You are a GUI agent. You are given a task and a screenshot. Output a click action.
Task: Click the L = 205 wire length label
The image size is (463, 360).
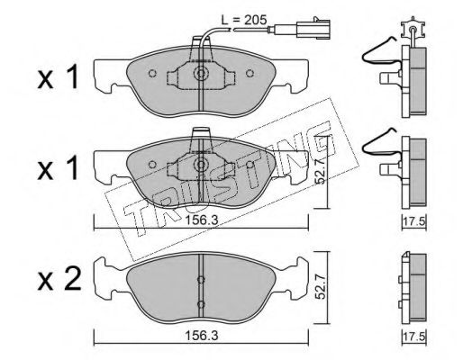pos(244,20)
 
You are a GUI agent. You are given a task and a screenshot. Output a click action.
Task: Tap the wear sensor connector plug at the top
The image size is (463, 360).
pos(313,29)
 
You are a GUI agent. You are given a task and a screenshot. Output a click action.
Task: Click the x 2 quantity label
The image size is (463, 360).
pos(59,279)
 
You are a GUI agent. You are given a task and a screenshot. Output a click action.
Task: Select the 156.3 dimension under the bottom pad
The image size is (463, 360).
pos(201,336)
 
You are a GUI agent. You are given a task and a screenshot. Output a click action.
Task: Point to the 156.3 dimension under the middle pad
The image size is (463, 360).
pos(201,220)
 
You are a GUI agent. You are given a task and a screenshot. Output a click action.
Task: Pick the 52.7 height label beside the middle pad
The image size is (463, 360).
pos(321,171)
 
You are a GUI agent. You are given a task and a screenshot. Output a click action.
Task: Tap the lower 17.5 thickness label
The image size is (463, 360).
pos(414,337)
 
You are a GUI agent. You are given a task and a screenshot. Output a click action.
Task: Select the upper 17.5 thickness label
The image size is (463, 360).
pos(414,222)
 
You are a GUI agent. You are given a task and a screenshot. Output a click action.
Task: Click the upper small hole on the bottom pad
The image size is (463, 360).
pos(201,280)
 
